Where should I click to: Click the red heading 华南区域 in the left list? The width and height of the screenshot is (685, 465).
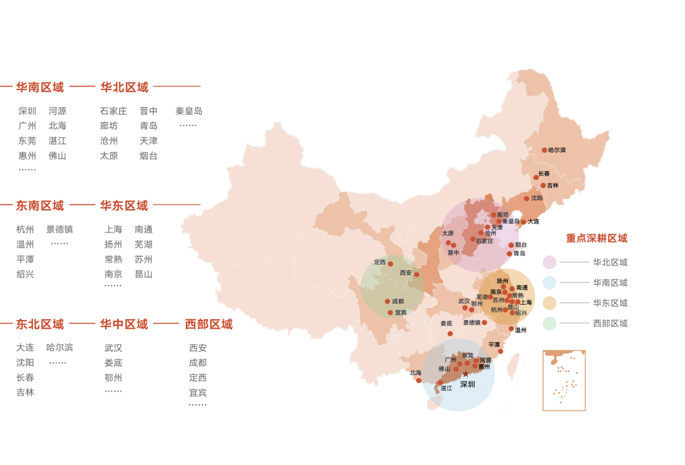tap(40, 87)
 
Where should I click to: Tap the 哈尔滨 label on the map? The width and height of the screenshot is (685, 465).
tap(557, 150)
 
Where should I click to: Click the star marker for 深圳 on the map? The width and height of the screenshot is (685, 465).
tap(465, 374)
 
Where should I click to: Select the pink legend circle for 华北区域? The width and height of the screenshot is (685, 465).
tap(549, 262)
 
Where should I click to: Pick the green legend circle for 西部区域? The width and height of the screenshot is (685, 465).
tap(549, 323)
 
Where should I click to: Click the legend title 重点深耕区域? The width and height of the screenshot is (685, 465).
tap(596, 238)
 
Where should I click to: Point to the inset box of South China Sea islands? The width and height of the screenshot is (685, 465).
tap(564, 380)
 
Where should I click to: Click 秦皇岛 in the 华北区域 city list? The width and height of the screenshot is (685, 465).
tap(189, 111)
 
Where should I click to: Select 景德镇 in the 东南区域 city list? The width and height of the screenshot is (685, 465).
tap(60, 229)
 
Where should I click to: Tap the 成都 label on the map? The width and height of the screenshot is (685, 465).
tap(398, 302)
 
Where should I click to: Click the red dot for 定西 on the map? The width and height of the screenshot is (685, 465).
tap(390, 264)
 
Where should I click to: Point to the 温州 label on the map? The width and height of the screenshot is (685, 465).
tap(521, 330)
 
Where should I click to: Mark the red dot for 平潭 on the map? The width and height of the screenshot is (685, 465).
tap(500, 351)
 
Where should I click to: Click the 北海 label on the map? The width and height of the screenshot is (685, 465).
tap(415, 373)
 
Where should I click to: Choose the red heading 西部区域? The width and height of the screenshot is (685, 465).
tap(209, 324)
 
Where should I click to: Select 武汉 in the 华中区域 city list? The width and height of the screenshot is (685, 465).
tap(114, 348)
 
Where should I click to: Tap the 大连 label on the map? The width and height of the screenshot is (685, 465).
tap(533, 222)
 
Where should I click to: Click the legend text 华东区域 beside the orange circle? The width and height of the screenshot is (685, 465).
tap(610, 303)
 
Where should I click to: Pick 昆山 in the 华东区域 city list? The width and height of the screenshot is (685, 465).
tap(143, 274)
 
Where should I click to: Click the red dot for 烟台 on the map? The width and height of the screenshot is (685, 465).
tap(511, 245)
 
